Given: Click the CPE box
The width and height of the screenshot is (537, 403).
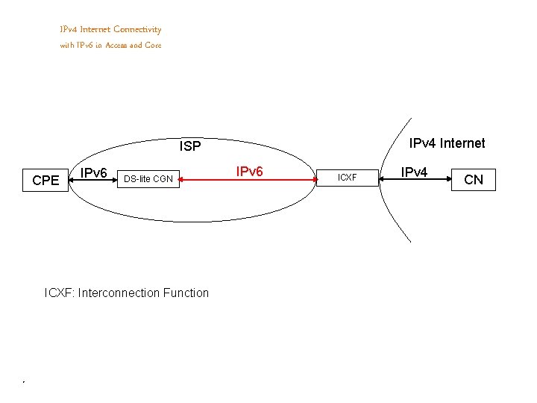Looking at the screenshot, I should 46,180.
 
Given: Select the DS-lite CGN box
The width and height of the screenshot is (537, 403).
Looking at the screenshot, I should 148,178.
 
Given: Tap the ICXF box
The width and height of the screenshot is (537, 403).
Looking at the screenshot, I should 348,178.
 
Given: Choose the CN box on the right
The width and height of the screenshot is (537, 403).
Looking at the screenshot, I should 474,180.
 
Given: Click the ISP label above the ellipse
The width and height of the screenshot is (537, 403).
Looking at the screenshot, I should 190,146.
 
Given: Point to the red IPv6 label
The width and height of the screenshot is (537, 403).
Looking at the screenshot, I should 249,172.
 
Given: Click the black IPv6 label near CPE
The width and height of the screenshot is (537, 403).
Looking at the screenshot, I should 94,174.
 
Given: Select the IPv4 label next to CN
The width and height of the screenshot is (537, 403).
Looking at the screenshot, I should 414,172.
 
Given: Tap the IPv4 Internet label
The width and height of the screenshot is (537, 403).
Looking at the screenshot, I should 447,143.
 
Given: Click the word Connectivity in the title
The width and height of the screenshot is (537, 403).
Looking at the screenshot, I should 137,30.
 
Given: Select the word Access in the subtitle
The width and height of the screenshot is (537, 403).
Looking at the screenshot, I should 117,46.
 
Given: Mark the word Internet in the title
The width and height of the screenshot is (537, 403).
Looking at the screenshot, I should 95,30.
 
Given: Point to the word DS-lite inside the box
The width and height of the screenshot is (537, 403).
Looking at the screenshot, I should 137,178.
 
